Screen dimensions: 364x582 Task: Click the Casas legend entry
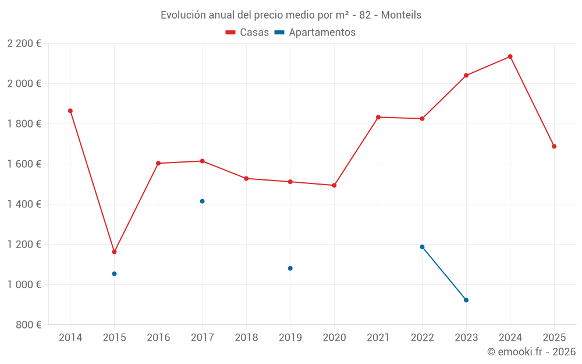click(x=247, y=33)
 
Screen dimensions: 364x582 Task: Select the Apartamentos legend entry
click(x=315, y=33)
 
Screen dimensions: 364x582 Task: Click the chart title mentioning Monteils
click(x=291, y=15)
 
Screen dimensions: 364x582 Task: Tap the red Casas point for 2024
click(x=510, y=56)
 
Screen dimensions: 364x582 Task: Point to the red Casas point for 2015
click(x=114, y=252)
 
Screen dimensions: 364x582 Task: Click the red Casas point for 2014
click(x=70, y=111)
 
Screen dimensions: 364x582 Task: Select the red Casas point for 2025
click(x=554, y=146)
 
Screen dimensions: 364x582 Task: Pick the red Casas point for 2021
click(x=378, y=117)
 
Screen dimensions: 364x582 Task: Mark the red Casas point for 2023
click(x=466, y=75)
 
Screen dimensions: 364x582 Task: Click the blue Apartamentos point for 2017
click(x=202, y=202)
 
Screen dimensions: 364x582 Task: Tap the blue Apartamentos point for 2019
click(x=290, y=268)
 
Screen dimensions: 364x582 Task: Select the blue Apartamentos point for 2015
click(x=114, y=274)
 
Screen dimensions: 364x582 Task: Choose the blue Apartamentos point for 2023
click(x=466, y=300)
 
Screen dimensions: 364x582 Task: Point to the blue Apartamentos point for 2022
click(x=422, y=247)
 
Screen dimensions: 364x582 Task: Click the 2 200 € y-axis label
click(x=24, y=44)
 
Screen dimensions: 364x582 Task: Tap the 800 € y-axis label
click(x=29, y=325)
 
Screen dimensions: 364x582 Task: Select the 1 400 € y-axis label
click(x=24, y=204)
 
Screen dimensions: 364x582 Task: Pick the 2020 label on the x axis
click(x=334, y=338)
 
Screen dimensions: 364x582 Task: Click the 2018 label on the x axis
click(x=246, y=338)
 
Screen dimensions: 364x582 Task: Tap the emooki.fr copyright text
click(x=531, y=352)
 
